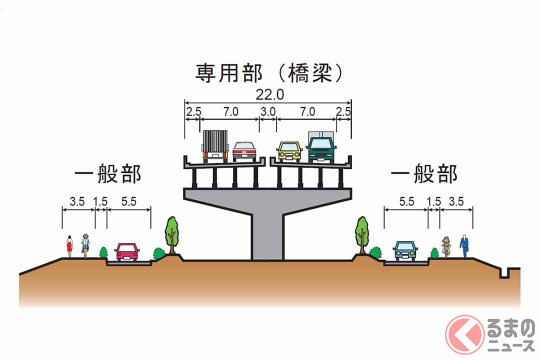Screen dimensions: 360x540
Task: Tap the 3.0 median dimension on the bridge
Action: [x=267, y=112]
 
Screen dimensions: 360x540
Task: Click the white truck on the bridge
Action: [x=215, y=146]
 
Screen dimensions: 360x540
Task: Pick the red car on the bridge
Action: [x=244, y=151]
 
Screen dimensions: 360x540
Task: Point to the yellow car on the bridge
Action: [x=289, y=151]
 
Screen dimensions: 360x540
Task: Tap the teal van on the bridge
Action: [x=321, y=147]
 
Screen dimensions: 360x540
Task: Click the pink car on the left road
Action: [x=127, y=251]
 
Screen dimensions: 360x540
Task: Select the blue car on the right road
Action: [x=405, y=250]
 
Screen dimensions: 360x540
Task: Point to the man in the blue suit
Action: [x=464, y=245]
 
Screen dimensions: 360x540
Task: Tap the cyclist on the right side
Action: [x=446, y=246]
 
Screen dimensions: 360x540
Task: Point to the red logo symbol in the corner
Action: [x=464, y=334]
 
